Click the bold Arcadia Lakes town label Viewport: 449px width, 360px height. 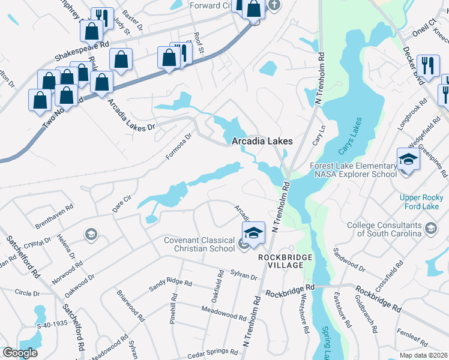pyautogui.click(x=262, y=141)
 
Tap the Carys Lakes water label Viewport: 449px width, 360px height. pyautogui.click(x=351, y=137)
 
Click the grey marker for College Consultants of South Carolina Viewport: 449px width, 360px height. pyautogui.click(x=430, y=227)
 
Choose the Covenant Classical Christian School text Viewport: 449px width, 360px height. pyautogui.click(x=200, y=244)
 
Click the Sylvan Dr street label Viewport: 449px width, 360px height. pyautogui.click(x=243, y=275)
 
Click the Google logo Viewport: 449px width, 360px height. pyautogui.click(x=20, y=353)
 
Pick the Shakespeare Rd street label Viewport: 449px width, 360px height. pyautogui.click(x=82, y=52)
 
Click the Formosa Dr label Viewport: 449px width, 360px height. pyautogui.click(x=178, y=146)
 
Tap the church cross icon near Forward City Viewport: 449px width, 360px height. pyautogui.click(x=274, y=5)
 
